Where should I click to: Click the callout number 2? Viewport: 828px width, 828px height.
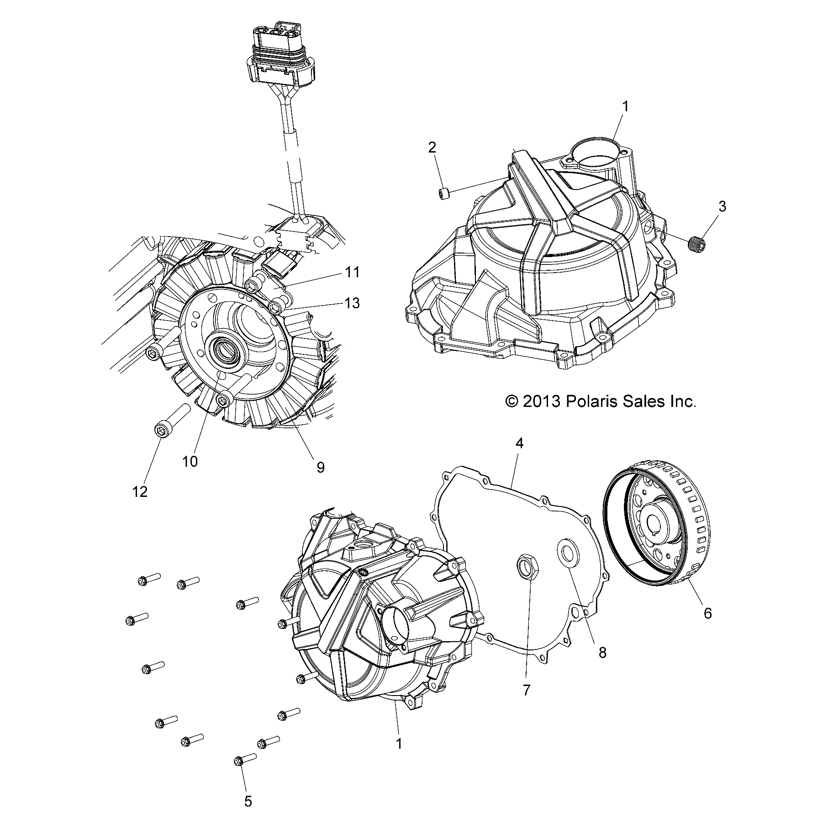coord(432,148)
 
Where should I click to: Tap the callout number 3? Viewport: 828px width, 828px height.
coord(722,206)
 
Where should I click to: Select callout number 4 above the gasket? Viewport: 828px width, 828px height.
coord(519,443)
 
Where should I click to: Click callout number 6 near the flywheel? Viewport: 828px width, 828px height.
coord(707,613)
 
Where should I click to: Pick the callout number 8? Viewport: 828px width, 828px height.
coord(602,653)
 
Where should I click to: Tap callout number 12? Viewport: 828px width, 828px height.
coord(140,491)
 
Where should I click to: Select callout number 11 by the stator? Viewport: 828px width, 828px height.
coord(353,273)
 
